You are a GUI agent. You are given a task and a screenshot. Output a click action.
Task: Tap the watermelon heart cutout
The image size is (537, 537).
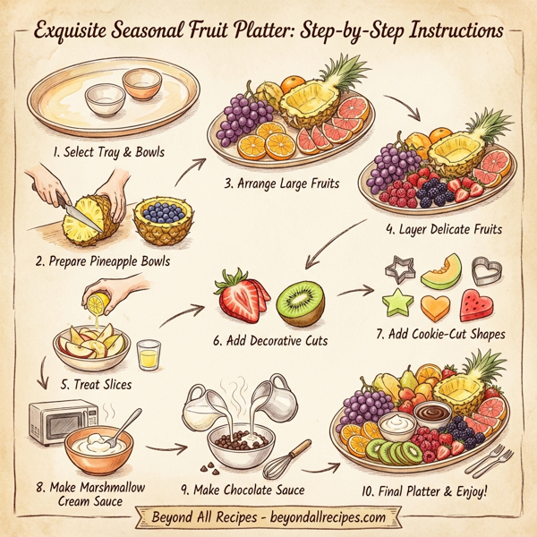(x=477, y=306)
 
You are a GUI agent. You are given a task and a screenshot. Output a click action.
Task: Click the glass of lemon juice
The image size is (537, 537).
(x=149, y=355)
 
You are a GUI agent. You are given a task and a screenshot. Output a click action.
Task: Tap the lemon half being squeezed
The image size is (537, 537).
(x=96, y=304)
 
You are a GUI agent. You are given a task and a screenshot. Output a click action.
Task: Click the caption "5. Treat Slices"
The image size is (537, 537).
(x=97, y=384)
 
